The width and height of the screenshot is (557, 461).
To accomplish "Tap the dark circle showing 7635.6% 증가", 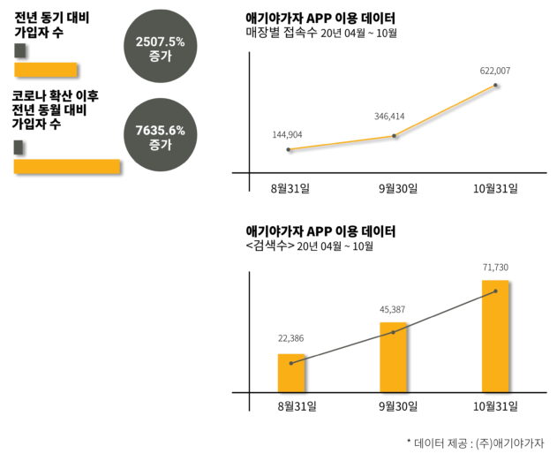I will click(x=160, y=136).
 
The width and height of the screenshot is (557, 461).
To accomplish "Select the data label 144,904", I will click(x=289, y=135).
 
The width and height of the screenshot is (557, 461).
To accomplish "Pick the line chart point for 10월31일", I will click(x=496, y=86).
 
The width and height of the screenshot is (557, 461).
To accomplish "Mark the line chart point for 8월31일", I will click(x=289, y=150).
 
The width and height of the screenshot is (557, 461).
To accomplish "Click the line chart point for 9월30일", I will click(x=394, y=136).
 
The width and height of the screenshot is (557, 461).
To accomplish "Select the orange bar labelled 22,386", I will click(x=291, y=373).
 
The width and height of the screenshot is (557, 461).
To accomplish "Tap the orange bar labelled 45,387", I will click(x=394, y=357).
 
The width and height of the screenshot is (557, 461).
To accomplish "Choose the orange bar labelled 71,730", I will click(x=495, y=336).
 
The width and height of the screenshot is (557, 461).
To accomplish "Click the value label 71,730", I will click(x=495, y=267).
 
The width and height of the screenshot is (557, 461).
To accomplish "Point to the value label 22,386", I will click(x=291, y=339).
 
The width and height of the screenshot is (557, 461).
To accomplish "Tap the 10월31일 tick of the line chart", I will click(x=495, y=188).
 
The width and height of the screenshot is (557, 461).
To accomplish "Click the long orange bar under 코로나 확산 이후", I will click(x=67, y=165).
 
